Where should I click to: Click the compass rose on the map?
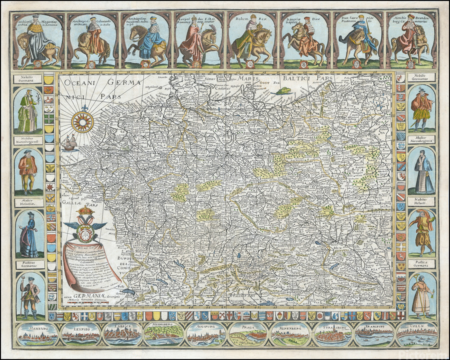(x=82, y=122)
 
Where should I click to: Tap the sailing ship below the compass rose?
(x=69, y=143)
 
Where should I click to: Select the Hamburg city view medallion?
(x=36, y=334)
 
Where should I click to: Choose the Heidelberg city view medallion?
(x=163, y=334)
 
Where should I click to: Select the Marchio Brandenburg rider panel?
(x=410, y=40)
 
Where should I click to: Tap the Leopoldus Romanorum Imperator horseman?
(x=198, y=40)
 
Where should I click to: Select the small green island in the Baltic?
(x=285, y=90)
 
